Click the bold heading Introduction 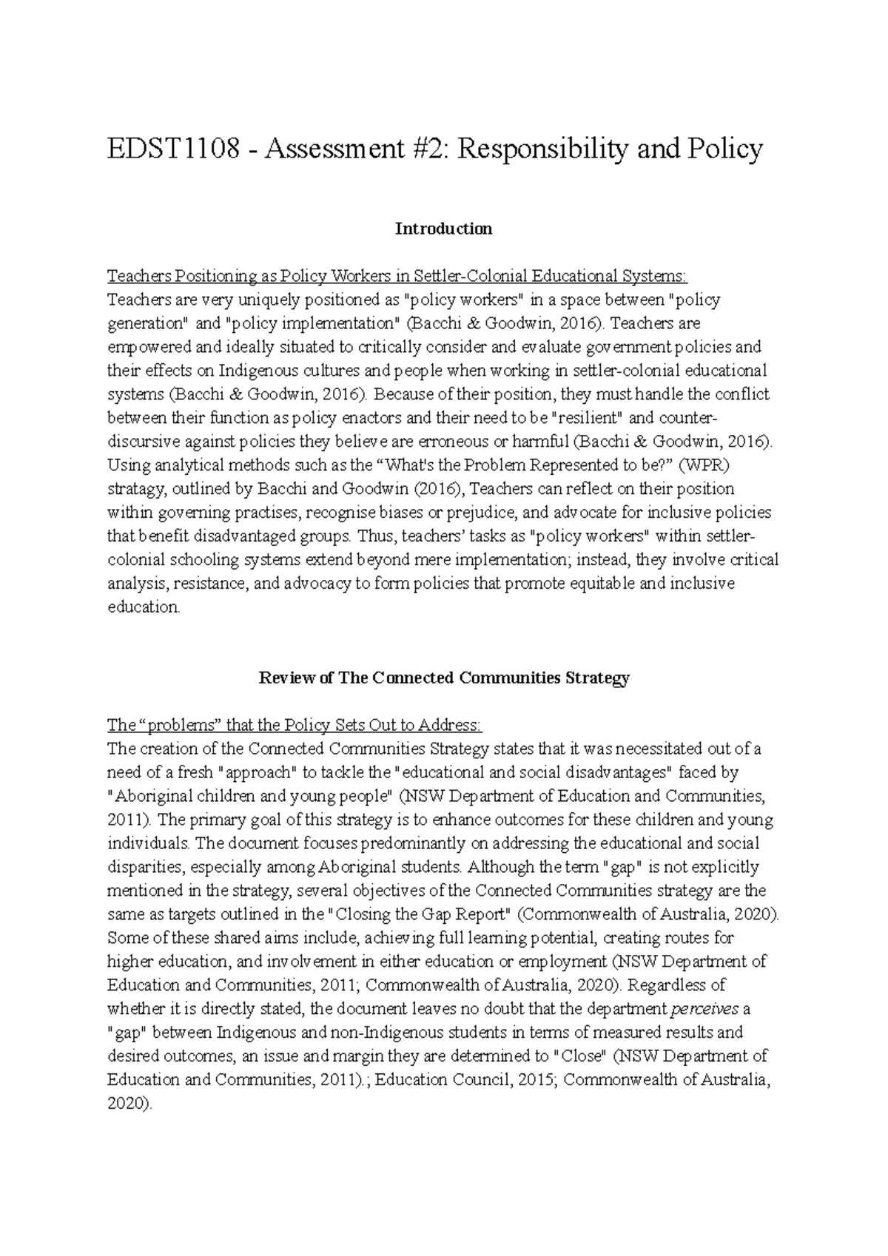click(443, 229)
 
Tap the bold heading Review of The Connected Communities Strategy click(443, 678)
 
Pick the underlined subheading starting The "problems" click(295, 725)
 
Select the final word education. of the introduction click(144, 607)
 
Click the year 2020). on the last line click(129, 1104)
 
